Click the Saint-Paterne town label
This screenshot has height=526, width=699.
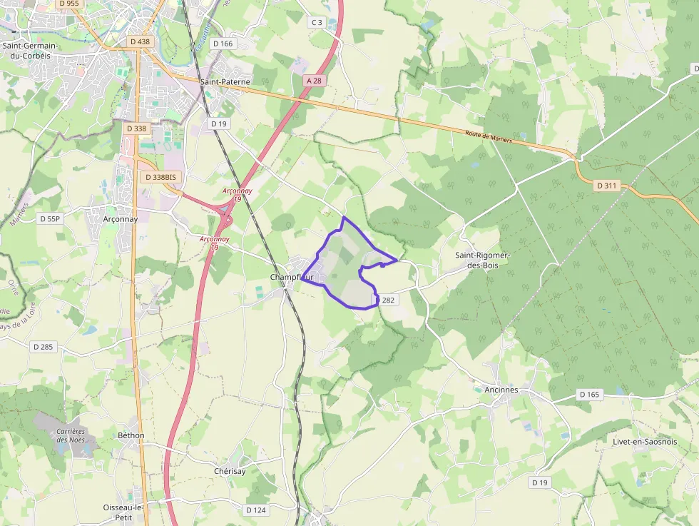[225, 82]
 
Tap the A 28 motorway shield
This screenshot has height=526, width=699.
[313, 81]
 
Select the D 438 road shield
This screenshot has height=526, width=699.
[141, 42]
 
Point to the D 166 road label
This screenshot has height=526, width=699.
[223, 44]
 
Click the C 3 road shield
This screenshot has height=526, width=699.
[317, 23]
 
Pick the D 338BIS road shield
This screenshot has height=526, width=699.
[160, 177]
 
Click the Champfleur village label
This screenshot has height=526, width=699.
[292, 278]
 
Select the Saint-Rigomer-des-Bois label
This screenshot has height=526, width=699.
[486, 259]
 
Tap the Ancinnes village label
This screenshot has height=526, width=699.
[501, 390]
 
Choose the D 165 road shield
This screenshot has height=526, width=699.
[590, 395]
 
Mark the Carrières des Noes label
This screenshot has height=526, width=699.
[71, 435]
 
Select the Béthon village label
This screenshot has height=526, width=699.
[131, 435]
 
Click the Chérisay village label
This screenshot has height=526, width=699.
[230, 472]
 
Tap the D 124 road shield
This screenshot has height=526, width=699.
[256, 510]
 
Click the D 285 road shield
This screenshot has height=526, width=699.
[44, 347]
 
